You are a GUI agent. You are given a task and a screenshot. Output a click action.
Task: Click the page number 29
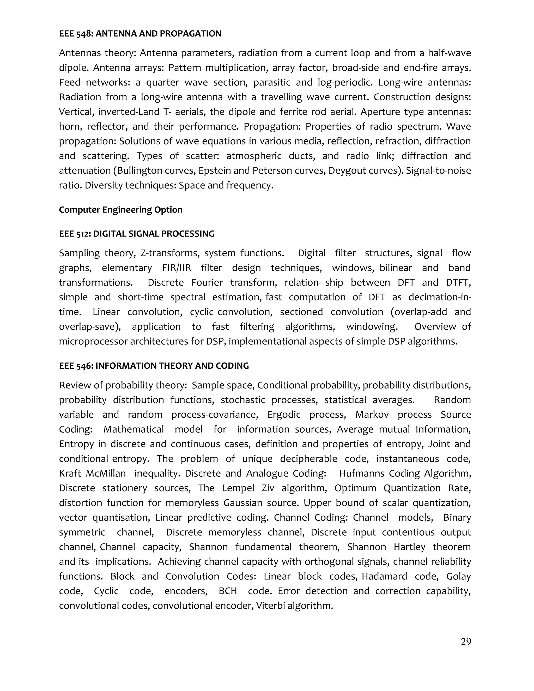click(x=466, y=642)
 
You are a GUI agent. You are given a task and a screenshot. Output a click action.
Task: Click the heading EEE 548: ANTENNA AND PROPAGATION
click(x=140, y=34)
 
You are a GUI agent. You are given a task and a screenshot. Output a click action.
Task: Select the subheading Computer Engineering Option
click(x=120, y=210)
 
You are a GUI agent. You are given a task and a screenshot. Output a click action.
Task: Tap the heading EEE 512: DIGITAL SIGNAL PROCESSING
click(x=137, y=234)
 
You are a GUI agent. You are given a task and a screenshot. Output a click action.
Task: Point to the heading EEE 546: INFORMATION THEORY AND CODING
click(x=154, y=366)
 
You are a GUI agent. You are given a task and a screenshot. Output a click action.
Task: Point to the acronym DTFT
click(x=458, y=283)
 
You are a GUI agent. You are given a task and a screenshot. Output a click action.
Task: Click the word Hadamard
click(x=384, y=576)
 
